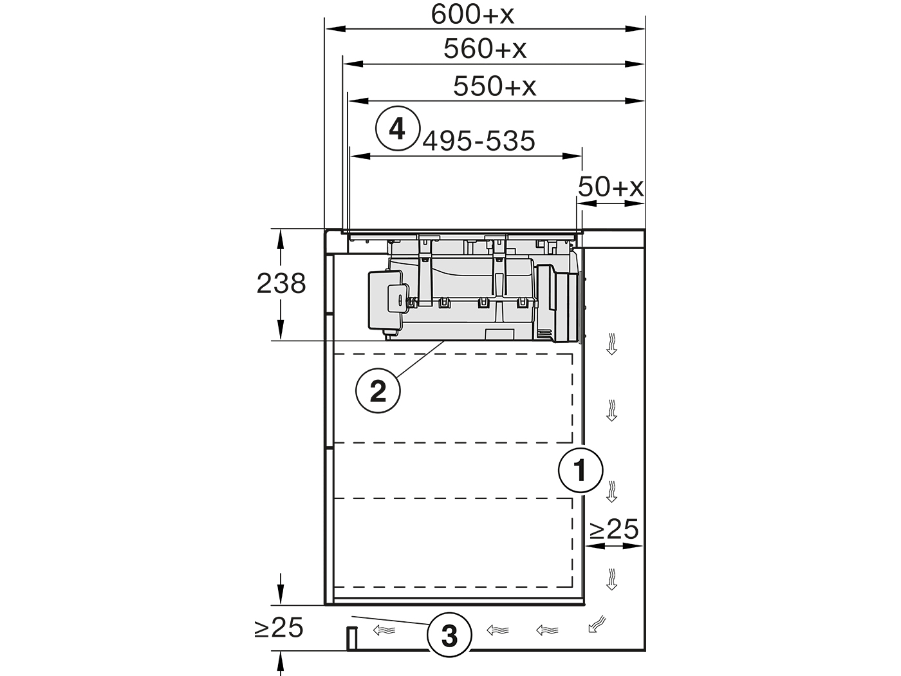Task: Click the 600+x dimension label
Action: [472, 14]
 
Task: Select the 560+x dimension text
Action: [485, 49]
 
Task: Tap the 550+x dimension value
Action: [494, 86]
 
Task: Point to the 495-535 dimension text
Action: [479, 141]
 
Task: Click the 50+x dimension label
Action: [610, 187]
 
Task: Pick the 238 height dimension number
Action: [281, 283]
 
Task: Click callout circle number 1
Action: [581, 471]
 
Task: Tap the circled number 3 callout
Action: [449, 636]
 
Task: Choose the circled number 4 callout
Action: [398, 129]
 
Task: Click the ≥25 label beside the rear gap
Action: [614, 529]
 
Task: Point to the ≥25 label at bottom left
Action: [279, 628]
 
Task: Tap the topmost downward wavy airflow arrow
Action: [611, 344]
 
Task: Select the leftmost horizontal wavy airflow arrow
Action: [384, 630]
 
